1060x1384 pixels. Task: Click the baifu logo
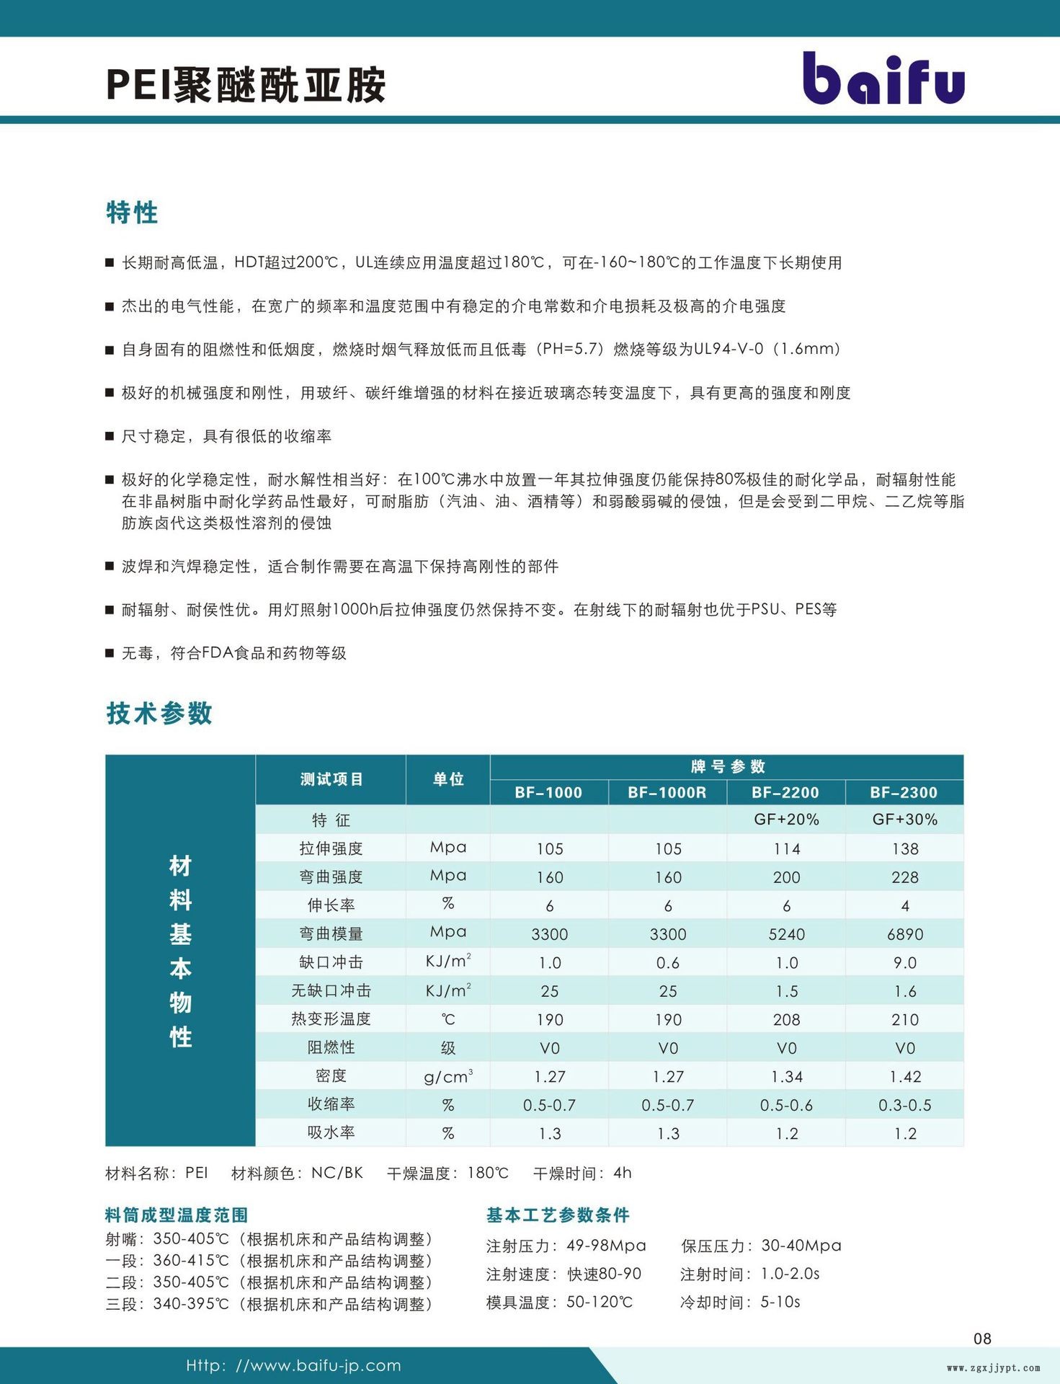click(883, 79)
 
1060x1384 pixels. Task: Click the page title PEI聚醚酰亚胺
click(246, 85)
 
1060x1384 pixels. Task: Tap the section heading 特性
click(132, 213)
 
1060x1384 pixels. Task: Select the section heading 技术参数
click(159, 713)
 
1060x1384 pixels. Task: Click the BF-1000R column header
click(667, 792)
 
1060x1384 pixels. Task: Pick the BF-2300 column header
click(904, 792)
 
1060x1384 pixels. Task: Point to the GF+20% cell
click(786, 820)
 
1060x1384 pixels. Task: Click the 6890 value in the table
click(904, 934)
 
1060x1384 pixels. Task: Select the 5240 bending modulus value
click(786, 934)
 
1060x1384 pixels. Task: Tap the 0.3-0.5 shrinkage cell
click(904, 1105)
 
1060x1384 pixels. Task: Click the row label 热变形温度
click(331, 1019)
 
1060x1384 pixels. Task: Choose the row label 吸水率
click(331, 1132)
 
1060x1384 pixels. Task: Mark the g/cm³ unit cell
click(447, 1076)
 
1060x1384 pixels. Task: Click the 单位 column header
click(447, 779)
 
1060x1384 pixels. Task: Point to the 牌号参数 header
click(727, 766)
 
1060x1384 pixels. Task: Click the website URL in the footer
click(293, 1365)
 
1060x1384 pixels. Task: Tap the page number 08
click(982, 1339)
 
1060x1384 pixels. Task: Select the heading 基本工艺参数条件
click(558, 1215)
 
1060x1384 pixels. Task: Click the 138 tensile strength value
click(904, 849)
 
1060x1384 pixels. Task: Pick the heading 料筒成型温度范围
click(177, 1215)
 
